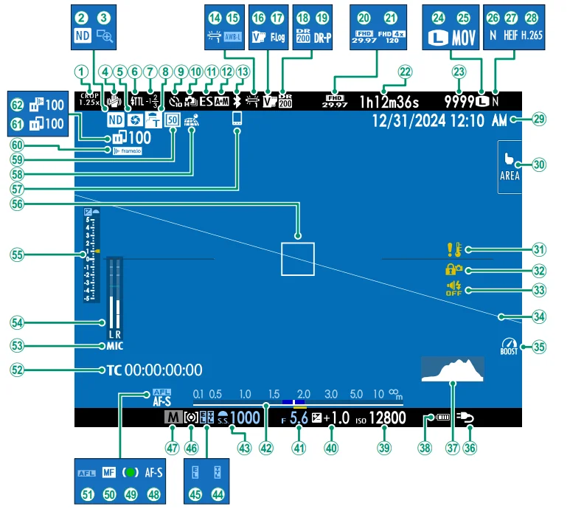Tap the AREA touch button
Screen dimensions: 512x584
[x=510, y=167]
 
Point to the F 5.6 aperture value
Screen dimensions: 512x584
[x=298, y=418]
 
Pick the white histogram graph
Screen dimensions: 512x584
[x=453, y=369]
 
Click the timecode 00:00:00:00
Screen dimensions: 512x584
[x=163, y=370]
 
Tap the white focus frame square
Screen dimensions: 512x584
[x=297, y=259]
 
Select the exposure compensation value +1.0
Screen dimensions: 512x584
[x=335, y=418]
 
